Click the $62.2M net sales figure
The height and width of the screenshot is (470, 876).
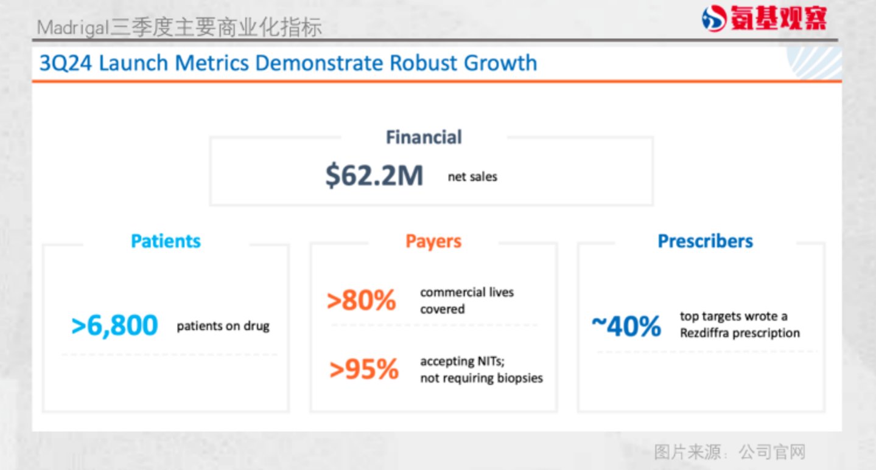tap(374, 176)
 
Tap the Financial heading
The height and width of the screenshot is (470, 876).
tap(424, 137)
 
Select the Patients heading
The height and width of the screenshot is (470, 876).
tap(166, 241)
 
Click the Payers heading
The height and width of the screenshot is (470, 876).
tap(433, 241)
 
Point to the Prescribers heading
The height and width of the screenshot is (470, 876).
tap(705, 241)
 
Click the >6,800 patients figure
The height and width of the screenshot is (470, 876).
tap(114, 325)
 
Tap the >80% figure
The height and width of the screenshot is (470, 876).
tap(362, 300)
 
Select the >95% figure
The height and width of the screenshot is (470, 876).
tap(363, 369)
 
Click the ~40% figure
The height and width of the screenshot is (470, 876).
tap(626, 326)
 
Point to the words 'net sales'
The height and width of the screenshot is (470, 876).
tap(472, 176)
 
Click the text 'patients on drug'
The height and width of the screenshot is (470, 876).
tap(223, 326)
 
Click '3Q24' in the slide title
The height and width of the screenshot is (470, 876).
tap(66, 63)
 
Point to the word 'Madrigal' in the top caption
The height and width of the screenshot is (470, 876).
tap(72, 28)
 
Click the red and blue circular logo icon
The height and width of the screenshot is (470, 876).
tap(714, 18)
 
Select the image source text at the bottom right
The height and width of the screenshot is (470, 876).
tap(730, 452)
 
